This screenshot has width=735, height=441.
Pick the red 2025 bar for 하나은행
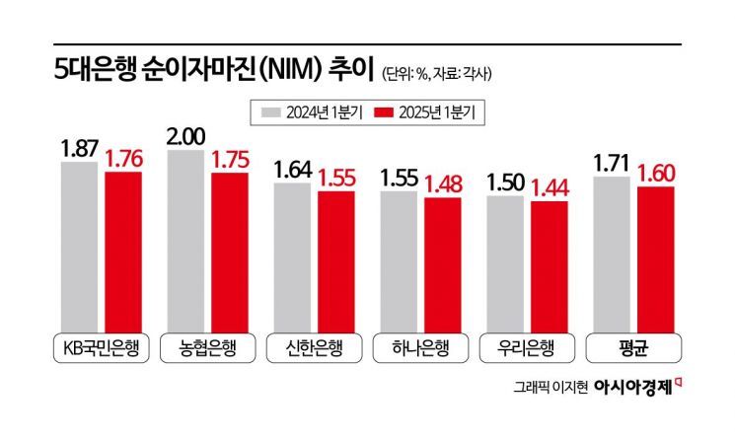pos(443,261)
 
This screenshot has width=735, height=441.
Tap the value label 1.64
pos(293,169)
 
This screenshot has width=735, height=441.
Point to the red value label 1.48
pos(443,184)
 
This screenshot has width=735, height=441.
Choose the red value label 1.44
pos(550,185)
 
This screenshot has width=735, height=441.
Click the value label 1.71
pos(613,162)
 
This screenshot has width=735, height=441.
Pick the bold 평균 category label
pos(634,348)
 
